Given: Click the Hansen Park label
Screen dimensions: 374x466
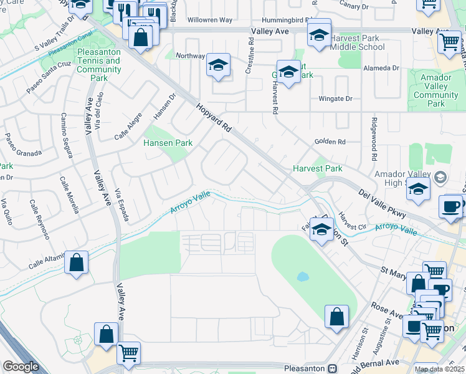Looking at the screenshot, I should [168, 143].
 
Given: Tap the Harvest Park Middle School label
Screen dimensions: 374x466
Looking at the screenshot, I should [354, 42].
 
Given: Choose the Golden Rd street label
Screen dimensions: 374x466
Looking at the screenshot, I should [330, 141].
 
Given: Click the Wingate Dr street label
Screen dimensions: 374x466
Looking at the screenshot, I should [335, 98].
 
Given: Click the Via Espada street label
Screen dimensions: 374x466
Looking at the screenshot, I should [121, 205].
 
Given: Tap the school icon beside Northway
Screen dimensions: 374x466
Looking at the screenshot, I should [218, 65].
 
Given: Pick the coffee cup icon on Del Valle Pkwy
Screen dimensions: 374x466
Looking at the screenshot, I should [451, 206].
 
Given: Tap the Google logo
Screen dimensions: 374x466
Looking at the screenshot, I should [21, 367].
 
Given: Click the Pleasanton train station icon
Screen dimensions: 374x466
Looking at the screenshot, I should [333, 368].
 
